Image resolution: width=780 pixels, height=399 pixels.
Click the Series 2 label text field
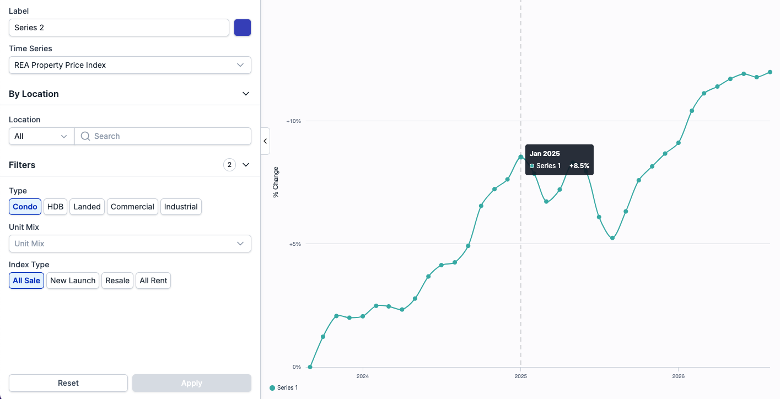coord(119,28)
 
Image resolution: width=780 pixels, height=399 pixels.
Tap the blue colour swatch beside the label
coord(243,28)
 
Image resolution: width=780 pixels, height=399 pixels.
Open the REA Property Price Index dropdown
coord(130,65)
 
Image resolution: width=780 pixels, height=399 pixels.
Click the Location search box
coord(163,136)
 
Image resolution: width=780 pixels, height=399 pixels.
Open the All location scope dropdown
coord(41,136)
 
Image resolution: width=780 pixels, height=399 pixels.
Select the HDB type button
coord(55,207)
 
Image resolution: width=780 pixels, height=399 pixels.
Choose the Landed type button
coord(87,207)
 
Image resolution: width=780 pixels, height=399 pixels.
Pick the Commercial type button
coord(132,207)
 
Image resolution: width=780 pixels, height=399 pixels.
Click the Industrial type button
coord(181,207)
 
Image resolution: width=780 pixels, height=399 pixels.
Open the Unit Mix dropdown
coord(130,244)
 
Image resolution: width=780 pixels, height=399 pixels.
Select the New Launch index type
coord(73,281)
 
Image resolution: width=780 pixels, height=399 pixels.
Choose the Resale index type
coord(117,281)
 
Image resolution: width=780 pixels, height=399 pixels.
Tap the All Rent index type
coord(153,281)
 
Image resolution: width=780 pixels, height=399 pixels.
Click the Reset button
coord(68,383)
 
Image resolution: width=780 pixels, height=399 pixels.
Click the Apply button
coord(191,383)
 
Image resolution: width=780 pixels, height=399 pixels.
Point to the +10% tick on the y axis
coord(294,121)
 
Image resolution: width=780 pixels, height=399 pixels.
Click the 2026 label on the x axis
coord(679,376)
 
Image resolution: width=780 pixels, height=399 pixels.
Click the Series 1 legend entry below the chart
coord(284,387)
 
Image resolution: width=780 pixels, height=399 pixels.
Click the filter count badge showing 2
coord(229,165)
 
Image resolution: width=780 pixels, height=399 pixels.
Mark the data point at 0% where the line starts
coord(310,367)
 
